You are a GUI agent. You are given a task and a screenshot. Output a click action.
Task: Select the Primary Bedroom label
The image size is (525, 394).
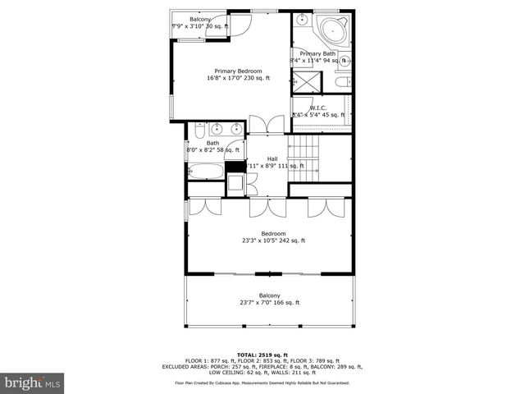pos(237,71)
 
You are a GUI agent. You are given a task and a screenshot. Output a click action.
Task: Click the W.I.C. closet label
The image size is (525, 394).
pos(318,108)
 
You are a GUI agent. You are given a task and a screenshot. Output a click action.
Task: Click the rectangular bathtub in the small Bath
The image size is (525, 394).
pos(206,172)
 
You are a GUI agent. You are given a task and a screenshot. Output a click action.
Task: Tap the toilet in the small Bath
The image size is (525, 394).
pos(235,183)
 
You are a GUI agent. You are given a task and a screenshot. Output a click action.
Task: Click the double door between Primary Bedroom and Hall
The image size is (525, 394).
pos(267,125)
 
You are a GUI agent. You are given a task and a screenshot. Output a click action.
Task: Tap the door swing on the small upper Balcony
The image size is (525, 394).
pos(239,24)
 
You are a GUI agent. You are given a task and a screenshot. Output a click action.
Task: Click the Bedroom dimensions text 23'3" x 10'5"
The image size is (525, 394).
pos(273,241)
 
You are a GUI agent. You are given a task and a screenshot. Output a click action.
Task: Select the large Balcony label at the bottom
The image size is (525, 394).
pos(269,295)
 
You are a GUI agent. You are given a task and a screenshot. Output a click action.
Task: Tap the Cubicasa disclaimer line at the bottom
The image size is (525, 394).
pos(262,383)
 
